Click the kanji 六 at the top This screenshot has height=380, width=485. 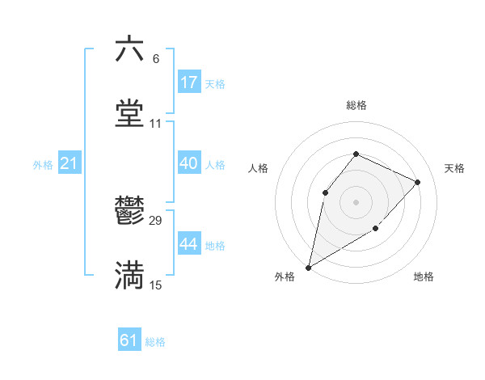(129, 49)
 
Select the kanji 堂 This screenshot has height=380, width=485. (129, 114)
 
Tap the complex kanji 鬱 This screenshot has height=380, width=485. (129, 211)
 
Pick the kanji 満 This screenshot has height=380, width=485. (129, 276)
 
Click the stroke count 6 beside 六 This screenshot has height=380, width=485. (156, 58)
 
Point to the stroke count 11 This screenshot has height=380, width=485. (156, 124)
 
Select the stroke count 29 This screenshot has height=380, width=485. (156, 221)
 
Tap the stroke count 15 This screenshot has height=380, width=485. (156, 285)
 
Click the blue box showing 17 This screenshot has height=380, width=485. (188, 82)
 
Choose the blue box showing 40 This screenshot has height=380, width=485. (188, 163)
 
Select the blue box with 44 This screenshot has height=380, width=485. (188, 243)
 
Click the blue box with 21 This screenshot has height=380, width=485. (70, 163)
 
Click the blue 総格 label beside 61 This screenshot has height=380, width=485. (155, 342)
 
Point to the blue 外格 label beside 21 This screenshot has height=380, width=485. (43, 165)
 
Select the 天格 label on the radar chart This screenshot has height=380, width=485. (454, 168)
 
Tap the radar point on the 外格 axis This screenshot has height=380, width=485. (308, 267)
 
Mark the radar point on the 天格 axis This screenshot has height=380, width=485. (418, 182)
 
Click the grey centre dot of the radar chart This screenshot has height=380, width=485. (356, 201)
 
